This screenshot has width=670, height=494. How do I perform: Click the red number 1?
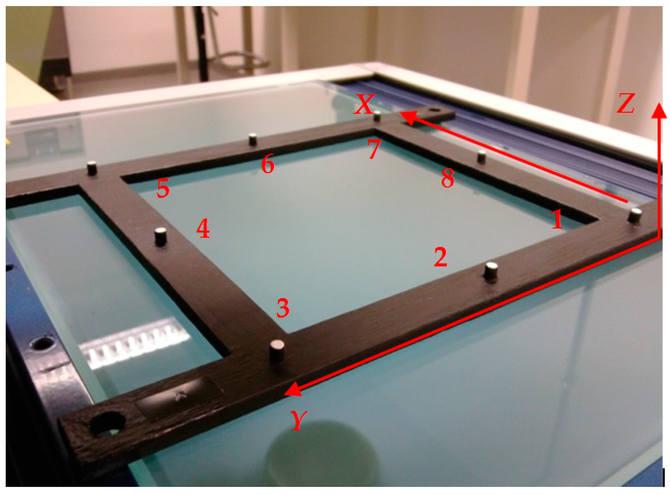click(x=557, y=219)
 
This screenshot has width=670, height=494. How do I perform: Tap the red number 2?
click(x=441, y=257)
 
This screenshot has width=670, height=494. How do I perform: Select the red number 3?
click(x=283, y=308)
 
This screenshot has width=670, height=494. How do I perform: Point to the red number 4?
click(x=203, y=228)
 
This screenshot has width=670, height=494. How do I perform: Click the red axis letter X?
click(x=365, y=104)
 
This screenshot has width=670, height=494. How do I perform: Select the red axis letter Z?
click(x=626, y=103)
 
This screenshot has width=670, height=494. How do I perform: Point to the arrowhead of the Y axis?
click(x=292, y=389)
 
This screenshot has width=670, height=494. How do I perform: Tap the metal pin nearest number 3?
click(x=277, y=351)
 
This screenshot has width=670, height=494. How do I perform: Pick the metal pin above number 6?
click(x=253, y=139)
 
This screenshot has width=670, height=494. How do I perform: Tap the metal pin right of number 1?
click(x=635, y=215)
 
